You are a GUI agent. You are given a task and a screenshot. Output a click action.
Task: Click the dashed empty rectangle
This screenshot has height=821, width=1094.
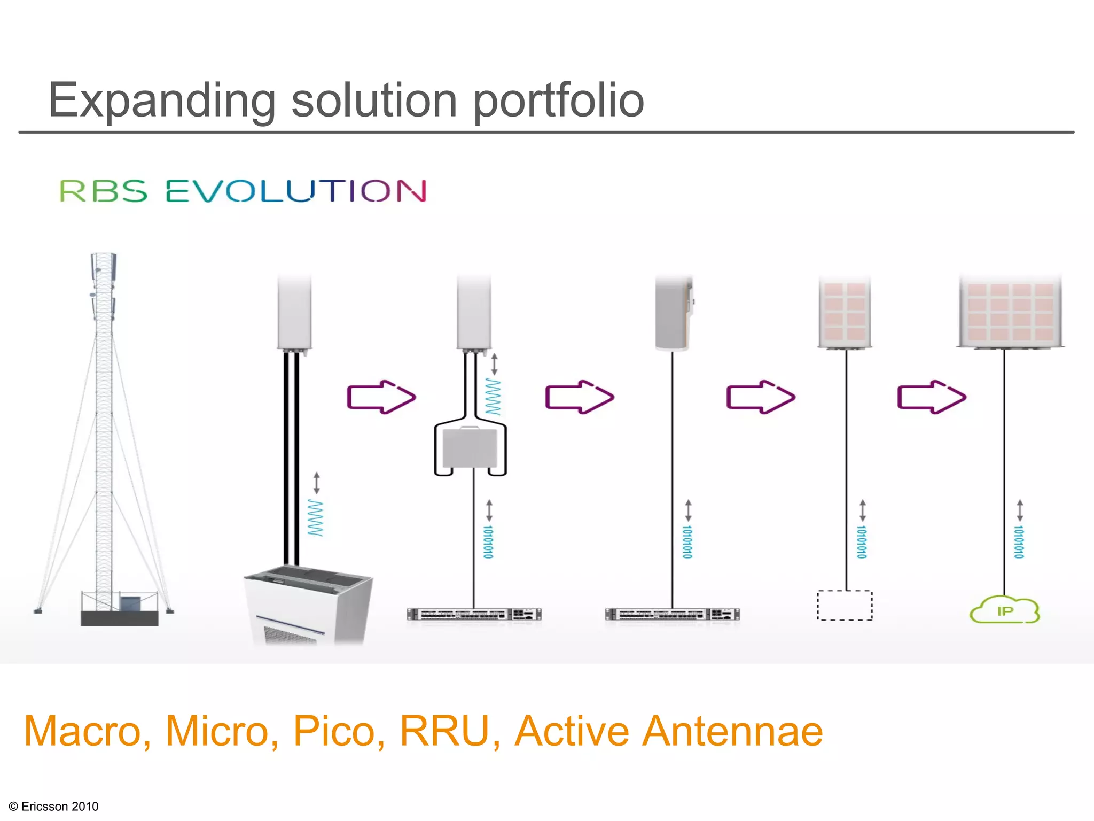tap(845, 605)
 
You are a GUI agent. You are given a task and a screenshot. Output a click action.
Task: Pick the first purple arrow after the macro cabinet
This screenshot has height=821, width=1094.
tap(381, 397)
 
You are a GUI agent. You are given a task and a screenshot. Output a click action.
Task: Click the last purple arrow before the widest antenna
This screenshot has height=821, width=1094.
tap(931, 397)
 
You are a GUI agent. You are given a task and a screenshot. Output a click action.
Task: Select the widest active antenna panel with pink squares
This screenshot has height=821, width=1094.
tap(1010, 313)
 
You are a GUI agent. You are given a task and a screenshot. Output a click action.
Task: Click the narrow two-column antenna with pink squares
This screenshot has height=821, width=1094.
tap(845, 313)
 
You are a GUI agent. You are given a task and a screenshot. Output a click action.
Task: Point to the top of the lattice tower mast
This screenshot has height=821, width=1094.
tap(103, 262)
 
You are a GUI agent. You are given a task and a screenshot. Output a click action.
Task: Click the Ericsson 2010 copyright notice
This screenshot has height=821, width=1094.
tap(54, 806)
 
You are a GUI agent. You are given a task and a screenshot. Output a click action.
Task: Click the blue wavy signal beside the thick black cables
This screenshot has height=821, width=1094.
tap(315, 517)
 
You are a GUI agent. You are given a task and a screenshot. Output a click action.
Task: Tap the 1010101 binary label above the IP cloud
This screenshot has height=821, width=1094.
tap(1019, 541)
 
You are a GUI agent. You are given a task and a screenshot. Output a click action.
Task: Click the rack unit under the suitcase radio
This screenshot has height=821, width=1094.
tap(474, 615)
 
